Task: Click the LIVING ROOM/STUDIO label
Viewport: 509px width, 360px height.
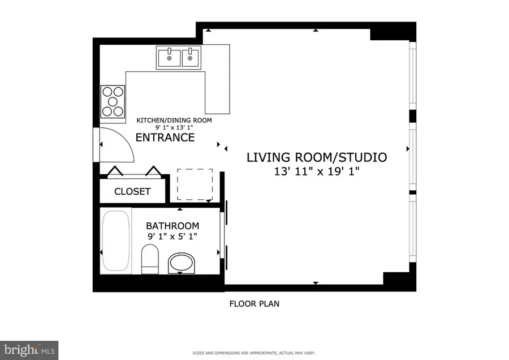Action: (x=317, y=157)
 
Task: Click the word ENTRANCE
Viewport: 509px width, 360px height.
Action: (x=165, y=138)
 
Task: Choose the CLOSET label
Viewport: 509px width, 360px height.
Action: (x=132, y=191)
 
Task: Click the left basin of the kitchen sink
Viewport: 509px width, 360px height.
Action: (x=168, y=57)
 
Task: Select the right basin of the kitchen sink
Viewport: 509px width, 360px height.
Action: (x=191, y=57)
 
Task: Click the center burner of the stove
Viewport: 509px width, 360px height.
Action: (x=113, y=101)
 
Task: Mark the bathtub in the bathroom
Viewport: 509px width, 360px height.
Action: (x=116, y=241)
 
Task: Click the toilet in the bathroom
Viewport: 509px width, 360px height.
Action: (x=150, y=258)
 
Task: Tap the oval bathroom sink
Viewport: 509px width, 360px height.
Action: (x=181, y=263)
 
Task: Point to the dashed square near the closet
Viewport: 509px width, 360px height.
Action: (x=195, y=185)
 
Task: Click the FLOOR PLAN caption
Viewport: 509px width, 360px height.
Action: (x=254, y=303)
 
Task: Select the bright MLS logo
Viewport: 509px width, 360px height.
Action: (x=29, y=349)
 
